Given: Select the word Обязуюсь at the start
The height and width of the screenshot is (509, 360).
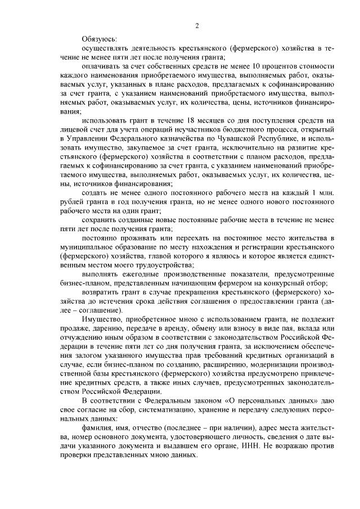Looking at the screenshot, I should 100,39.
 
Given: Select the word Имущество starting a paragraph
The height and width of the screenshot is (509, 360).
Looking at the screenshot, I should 100,318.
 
